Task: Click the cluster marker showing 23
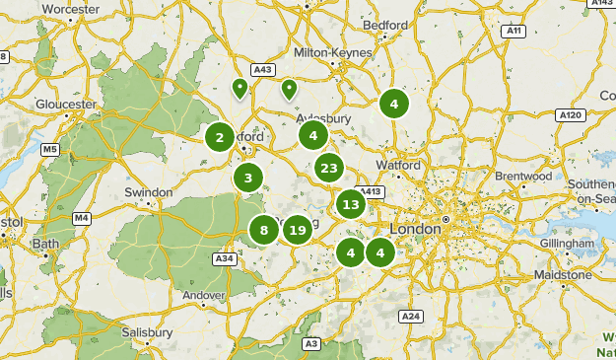[329, 169]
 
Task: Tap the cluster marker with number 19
[298, 231]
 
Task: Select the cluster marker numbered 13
[351, 205]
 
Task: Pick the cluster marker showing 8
[264, 231]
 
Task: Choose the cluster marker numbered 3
[248, 179]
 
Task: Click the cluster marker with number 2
[220, 137]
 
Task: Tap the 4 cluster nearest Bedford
[393, 104]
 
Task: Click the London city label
[415, 229]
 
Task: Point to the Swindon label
[148, 192]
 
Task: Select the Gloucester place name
[66, 104]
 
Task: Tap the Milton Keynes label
[333, 52]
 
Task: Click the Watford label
[399, 165]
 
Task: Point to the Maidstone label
[562, 274]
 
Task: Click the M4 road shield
[81, 217]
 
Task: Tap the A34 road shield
[224, 258]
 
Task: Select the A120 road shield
[571, 115]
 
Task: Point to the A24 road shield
[411, 316]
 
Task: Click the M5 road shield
[50, 150]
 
